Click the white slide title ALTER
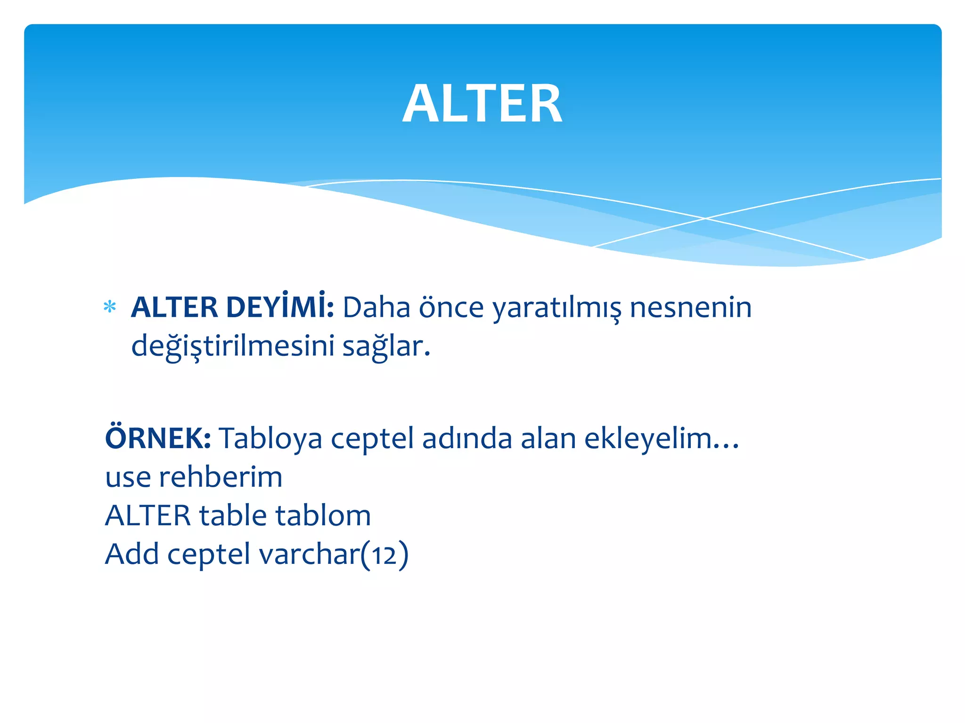click(482, 104)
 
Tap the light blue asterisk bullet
click(110, 307)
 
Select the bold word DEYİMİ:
click(280, 307)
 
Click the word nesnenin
click(690, 308)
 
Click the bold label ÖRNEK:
click(158, 438)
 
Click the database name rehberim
click(221, 477)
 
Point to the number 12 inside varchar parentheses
click(384, 555)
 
